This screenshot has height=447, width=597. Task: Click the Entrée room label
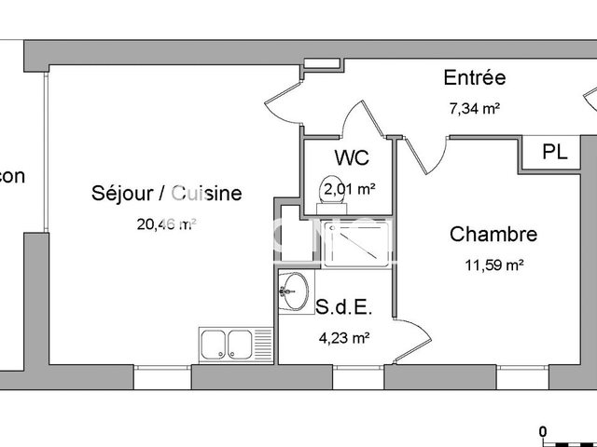point(475,78)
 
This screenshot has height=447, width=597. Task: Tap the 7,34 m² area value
point(475,107)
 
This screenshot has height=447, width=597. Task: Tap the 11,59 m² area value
point(494,264)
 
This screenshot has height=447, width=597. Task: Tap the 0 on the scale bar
point(542,430)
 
